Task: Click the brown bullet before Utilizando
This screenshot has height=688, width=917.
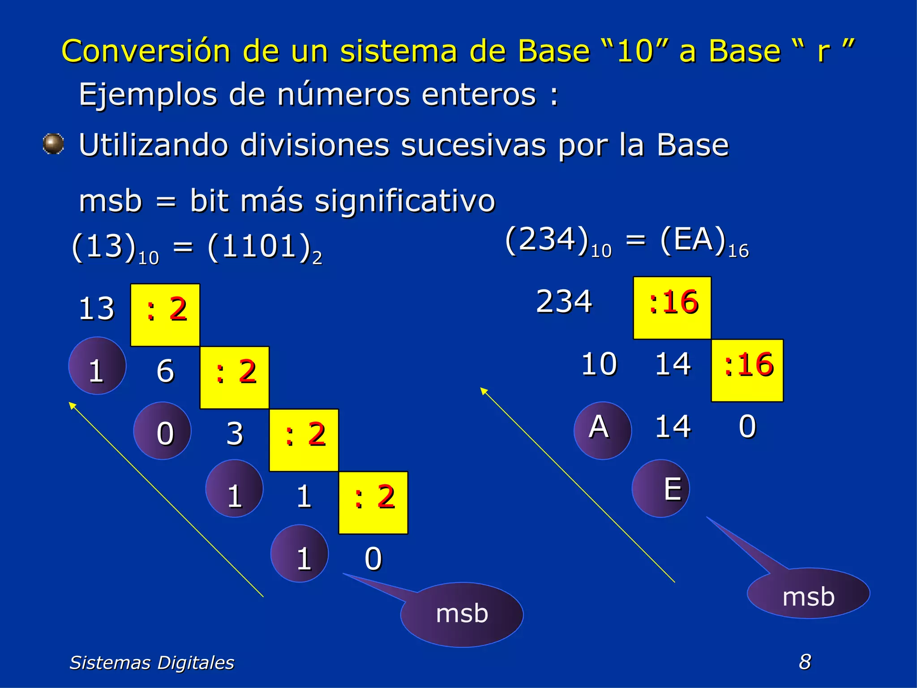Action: pos(53,144)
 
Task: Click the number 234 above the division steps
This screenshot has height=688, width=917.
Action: pos(564,301)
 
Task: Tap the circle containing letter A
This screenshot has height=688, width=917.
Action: pos(602,430)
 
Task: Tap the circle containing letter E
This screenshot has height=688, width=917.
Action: pos(660,488)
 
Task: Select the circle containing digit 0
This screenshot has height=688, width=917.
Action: pos(162,431)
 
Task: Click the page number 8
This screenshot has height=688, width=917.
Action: pos(805,662)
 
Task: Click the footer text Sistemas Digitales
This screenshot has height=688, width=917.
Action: pos(152,662)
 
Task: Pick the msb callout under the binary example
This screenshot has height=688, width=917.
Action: pos(462,614)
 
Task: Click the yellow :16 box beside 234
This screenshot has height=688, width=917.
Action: pos(672,308)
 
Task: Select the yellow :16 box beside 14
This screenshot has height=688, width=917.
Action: pos(747,370)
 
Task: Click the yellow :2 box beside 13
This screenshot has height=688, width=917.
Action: pos(165,315)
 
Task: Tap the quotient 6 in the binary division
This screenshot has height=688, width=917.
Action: pos(165,371)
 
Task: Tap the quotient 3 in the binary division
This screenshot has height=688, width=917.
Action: pos(235,434)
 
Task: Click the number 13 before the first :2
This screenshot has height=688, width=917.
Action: pos(96,309)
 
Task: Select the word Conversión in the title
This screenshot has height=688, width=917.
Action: pos(146,51)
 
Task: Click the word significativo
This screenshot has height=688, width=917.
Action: pos(405,201)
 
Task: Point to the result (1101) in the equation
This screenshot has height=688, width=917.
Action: pos(259,247)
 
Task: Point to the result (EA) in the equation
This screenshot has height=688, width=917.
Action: pos(693,240)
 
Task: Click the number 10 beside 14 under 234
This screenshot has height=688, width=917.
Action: pos(599,364)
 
